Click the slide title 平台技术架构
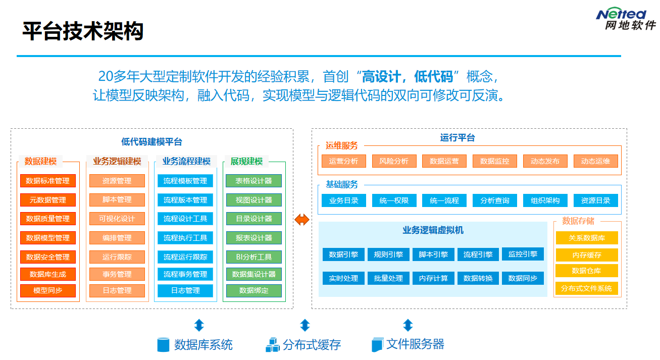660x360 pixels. [x=83, y=31]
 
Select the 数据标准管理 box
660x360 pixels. [x=48, y=181]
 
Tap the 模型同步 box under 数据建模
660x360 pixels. [x=48, y=291]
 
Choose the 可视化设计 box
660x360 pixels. [x=117, y=219]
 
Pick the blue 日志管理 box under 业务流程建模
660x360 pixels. [x=185, y=291]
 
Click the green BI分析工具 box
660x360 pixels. [x=253, y=257]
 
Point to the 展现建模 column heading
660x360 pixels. [x=246, y=162]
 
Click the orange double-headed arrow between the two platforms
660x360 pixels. [x=302, y=219]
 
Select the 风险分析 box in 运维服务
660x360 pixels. [x=394, y=161]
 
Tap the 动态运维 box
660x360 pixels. [x=595, y=161]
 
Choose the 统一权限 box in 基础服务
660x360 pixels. [x=394, y=200]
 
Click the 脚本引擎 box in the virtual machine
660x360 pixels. [x=433, y=254]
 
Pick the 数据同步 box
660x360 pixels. [x=523, y=278]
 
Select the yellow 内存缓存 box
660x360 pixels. [x=587, y=255]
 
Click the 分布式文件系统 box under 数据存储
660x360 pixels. [x=587, y=289]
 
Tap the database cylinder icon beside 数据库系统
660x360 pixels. [x=163, y=345]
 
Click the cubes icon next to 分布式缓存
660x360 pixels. [x=273, y=345]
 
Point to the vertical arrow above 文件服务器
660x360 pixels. [x=408, y=325]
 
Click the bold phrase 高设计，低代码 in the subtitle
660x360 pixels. [x=407, y=77]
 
